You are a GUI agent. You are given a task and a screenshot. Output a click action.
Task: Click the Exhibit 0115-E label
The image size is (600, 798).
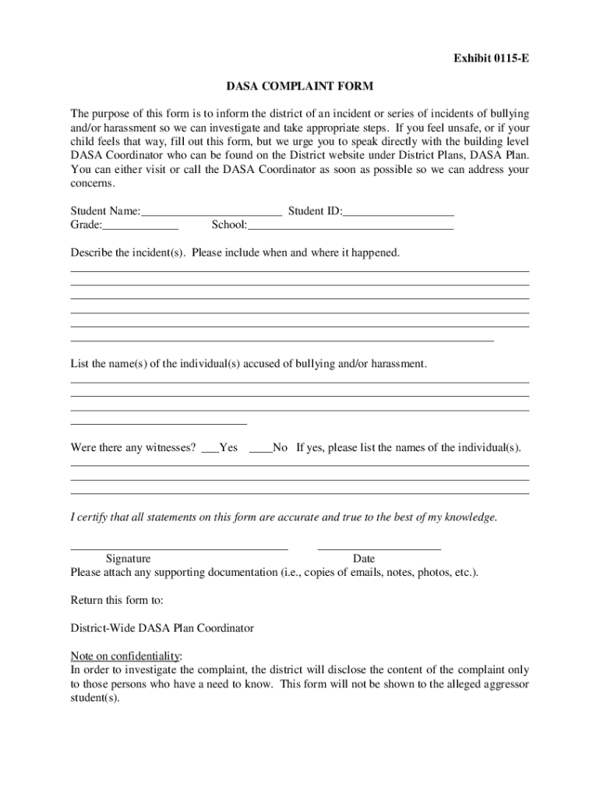pos(481,58)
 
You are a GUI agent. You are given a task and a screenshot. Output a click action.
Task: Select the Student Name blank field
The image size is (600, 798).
pos(211,210)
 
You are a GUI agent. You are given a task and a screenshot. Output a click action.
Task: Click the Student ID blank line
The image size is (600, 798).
pos(398,210)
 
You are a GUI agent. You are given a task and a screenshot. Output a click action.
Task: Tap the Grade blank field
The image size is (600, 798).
pos(140,225)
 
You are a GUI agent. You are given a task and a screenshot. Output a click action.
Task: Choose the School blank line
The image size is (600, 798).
pos(350,225)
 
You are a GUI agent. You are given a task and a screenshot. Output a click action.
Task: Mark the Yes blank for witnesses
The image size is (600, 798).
pos(210,448)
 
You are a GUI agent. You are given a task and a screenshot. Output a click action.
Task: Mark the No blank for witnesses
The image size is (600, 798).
pos(260,448)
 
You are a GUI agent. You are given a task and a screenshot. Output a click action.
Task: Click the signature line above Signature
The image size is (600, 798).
pos(179,549)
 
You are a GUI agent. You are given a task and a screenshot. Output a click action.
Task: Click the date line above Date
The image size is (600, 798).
pos(379,549)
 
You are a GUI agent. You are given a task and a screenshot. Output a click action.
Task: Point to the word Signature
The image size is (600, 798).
pos(129,559)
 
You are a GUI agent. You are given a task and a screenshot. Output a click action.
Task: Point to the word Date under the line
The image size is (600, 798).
pos(364,559)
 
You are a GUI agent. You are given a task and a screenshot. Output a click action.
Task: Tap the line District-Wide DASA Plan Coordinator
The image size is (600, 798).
pos(162,627)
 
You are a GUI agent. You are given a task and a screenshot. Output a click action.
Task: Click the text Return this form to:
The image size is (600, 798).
pos(117,600)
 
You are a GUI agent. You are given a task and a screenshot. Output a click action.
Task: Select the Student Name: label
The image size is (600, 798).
pos(106,210)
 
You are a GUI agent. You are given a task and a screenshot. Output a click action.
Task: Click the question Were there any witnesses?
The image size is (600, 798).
pos(133,448)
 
